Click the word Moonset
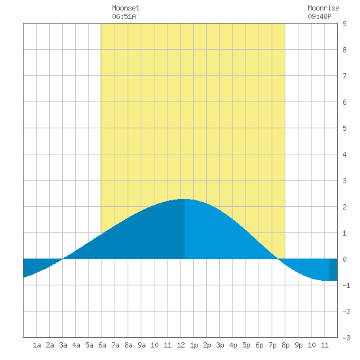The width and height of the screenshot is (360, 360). click(126, 8)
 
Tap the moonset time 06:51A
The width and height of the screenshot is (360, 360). click(124, 16)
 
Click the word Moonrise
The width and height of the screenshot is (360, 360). click(323, 8)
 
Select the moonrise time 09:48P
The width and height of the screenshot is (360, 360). click(319, 16)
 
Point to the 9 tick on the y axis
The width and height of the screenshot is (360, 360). click(344, 24)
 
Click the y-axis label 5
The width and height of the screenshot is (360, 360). click(344, 128)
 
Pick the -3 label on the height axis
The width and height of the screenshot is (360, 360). click(346, 338)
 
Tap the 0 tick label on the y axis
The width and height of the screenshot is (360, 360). click(344, 259)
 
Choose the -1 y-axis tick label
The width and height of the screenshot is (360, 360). click(346, 285)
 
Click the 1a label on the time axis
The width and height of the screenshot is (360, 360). click(37, 345)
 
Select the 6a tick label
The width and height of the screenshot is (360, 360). click(102, 345)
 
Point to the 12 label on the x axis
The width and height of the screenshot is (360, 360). click(181, 345)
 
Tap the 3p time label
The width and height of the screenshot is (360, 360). click(220, 345)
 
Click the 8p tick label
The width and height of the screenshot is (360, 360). click(285, 345)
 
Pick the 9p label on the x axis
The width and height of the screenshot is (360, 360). click(298, 345)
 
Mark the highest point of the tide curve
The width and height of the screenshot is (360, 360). click(185, 199)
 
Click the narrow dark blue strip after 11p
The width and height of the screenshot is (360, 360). click(333, 270)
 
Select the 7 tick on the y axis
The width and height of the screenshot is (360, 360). click(344, 76)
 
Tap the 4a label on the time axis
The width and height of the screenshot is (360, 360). click(76, 345)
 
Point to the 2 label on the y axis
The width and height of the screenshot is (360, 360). click(344, 207)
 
